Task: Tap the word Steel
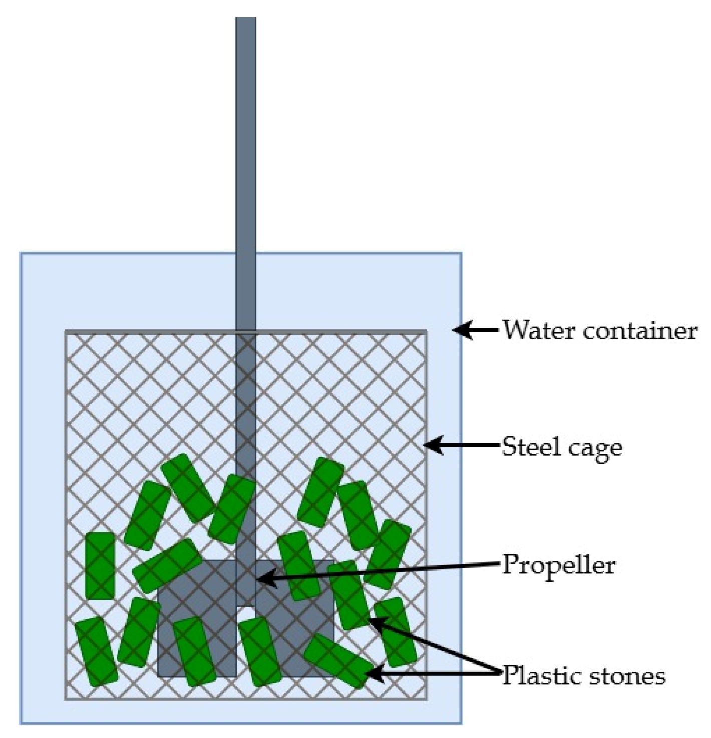[x=530, y=446]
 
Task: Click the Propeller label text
[x=559, y=565]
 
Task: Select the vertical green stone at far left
[x=100, y=565]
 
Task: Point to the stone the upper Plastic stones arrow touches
[x=350, y=595]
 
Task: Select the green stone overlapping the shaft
[x=231, y=509]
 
